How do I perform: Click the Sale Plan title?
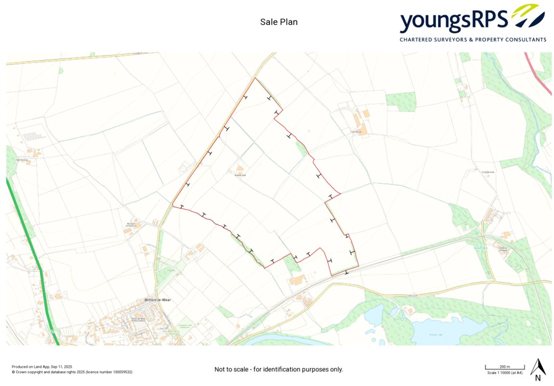[279, 22]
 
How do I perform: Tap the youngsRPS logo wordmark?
[454, 21]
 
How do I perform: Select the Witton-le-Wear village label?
[157, 300]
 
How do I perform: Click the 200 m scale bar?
[505, 367]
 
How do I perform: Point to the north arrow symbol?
[539, 366]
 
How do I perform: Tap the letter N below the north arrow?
[538, 379]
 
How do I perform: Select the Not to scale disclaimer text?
[278, 369]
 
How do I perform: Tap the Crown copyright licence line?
[72, 372]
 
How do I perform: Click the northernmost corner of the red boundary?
[257, 78]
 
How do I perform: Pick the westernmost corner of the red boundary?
[173, 205]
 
